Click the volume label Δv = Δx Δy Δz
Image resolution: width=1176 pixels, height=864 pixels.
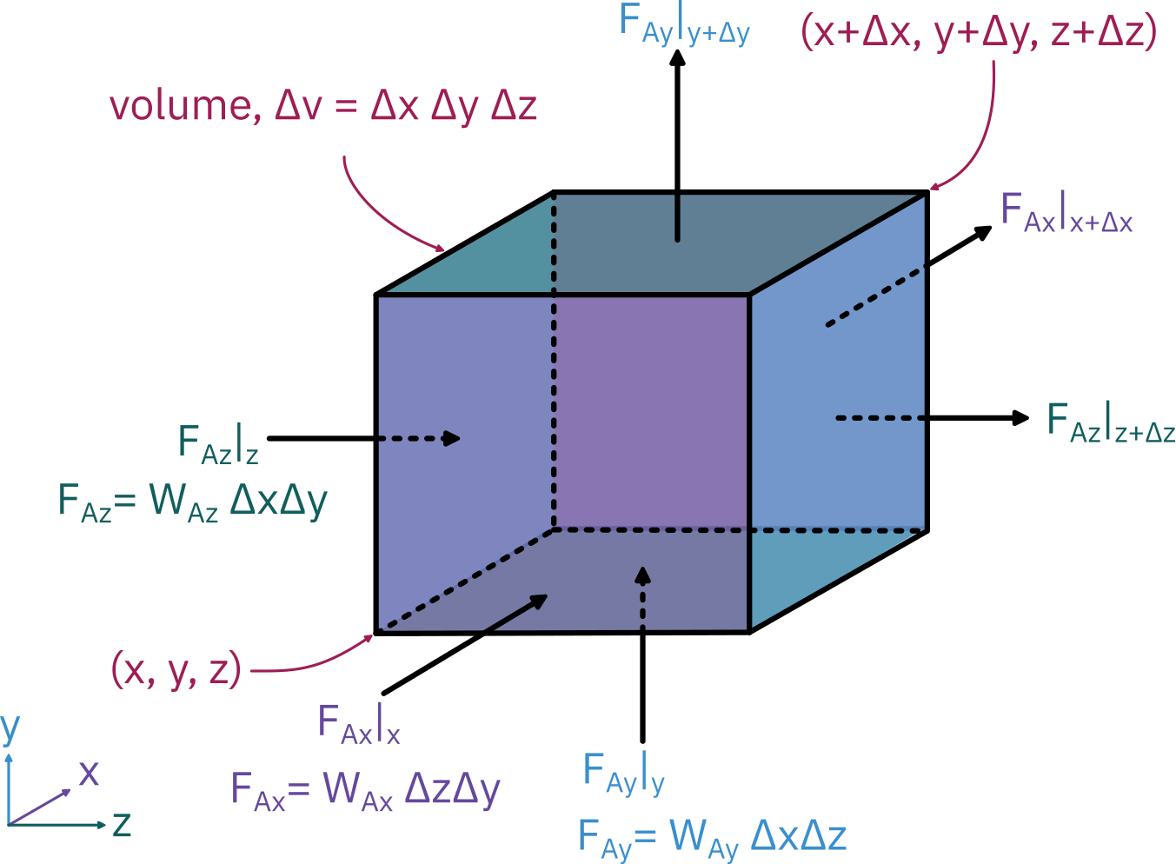click(323, 106)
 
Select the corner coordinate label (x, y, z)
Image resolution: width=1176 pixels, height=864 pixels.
click(176, 670)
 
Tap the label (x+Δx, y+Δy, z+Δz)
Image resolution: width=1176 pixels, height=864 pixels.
click(979, 33)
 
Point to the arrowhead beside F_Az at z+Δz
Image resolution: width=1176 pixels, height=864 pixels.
click(1020, 418)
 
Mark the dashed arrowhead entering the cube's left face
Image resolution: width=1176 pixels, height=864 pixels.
click(451, 438)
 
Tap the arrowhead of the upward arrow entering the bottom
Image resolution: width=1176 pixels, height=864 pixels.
click(642, 576)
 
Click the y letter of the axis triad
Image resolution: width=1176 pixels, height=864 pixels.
click(10, 728)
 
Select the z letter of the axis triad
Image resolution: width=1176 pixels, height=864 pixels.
click(122, 823)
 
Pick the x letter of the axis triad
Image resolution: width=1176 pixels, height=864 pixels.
click(89, 772)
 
